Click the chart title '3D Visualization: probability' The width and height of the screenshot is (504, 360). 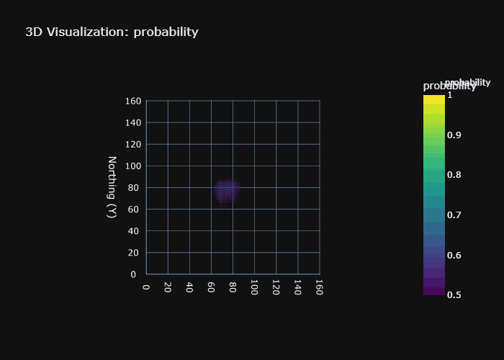coord(112,32)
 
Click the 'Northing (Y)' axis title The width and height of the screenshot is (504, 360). coord(112,187)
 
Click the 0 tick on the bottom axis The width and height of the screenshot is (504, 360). coord(146,287)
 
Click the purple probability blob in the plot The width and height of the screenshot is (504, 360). coord(227,191)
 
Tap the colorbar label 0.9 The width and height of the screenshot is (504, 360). coord(454,135)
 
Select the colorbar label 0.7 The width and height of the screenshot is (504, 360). coord(454,215)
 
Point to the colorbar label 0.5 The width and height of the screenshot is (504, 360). coord(454,294)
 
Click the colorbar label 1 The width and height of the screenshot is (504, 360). coord(450,94)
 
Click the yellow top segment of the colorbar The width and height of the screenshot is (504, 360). coord(434,99)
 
